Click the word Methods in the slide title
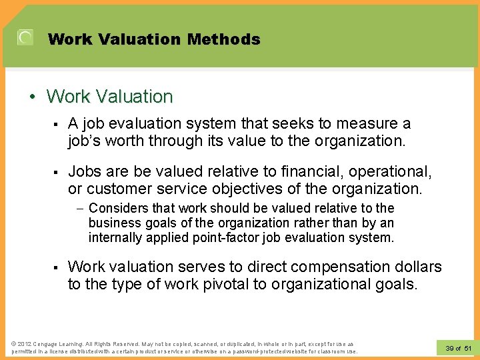click(x=223, y=39)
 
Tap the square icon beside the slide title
click(x=25, y=38)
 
